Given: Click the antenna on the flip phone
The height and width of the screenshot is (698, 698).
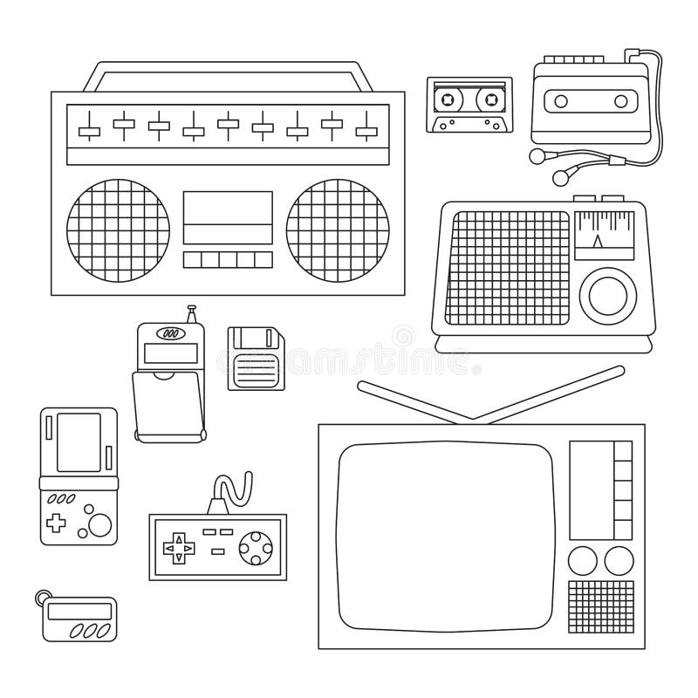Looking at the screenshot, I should tap(192, 313).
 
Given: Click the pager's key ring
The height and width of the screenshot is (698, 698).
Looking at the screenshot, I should tap(42, 596).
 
